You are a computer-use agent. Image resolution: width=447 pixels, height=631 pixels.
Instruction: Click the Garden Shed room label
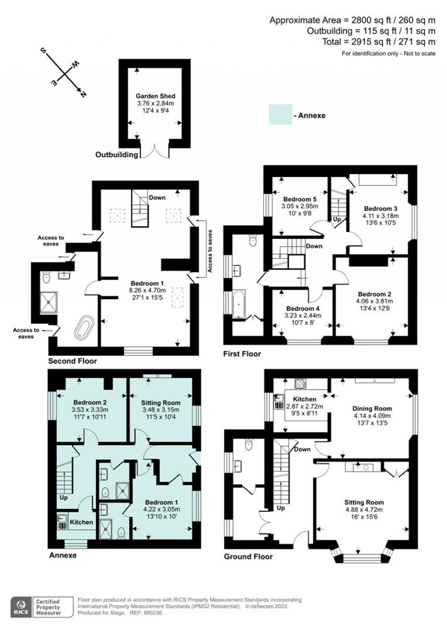point(155,96)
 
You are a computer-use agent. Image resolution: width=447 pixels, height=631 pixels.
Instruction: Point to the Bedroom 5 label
point(300,199)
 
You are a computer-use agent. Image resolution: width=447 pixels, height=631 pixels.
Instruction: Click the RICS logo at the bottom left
point(20,607)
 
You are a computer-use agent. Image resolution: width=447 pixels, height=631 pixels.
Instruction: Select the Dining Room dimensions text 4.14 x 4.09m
point(372,416)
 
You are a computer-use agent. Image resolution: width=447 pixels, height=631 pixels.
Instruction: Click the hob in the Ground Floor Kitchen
point(301,384)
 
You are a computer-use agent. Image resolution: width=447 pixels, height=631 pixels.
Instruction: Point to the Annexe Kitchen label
point(82,522)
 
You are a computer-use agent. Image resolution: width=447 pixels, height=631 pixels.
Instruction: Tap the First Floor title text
point(242,354)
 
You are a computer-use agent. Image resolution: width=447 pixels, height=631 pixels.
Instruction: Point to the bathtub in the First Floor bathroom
point(238,304)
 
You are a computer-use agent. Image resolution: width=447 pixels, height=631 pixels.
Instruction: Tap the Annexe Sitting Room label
point(161,402)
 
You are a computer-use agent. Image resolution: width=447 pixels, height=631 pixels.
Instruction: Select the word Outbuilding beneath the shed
point(117,155)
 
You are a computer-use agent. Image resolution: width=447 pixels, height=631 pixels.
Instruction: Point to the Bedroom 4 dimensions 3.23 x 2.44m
point(303,316)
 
